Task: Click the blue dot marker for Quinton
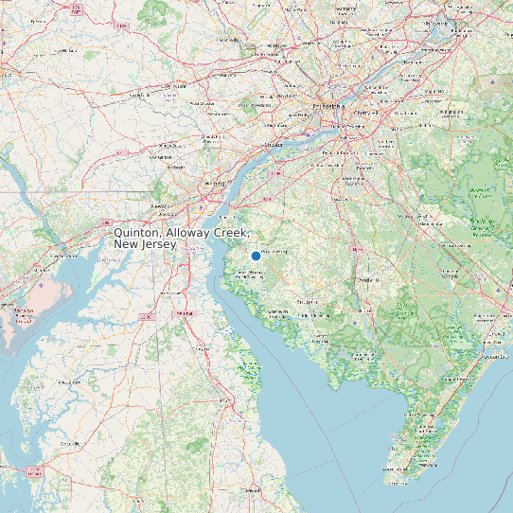click(256, 256)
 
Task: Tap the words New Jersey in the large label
click(144, 245)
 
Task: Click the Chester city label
click(274, 144)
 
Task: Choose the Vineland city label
click(367, 281)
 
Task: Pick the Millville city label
click(361, 309)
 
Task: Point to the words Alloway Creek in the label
click(204, 233)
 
